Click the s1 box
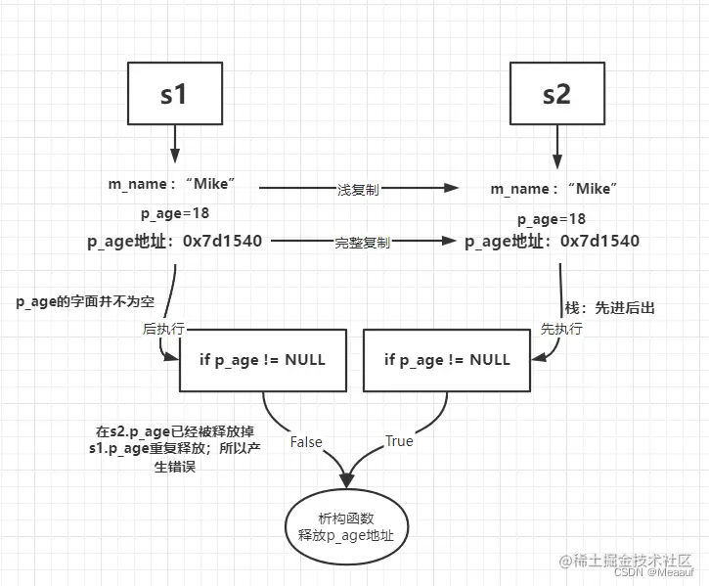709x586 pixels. tap(175, 95)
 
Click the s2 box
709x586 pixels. tap(556, 95)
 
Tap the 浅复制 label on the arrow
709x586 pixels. tap(357, 190)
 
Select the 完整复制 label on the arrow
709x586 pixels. tap(362, 242)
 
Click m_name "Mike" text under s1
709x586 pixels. tap(173, 183)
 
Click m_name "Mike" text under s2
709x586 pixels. tap(554, 188)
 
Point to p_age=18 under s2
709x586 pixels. tap(552, 219)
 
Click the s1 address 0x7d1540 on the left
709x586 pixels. tap(222, 240)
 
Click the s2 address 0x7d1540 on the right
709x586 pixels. tap(599, 241)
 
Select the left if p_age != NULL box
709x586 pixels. tap(262, 359)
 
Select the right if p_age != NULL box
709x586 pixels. tap(447, 359)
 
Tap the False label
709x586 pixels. tap(306, 442)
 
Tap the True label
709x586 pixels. tap(398, 441)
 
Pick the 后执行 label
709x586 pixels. tap(163, 330)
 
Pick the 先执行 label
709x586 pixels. tap(561, 330)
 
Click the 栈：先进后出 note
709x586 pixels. tap(610, 307)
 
